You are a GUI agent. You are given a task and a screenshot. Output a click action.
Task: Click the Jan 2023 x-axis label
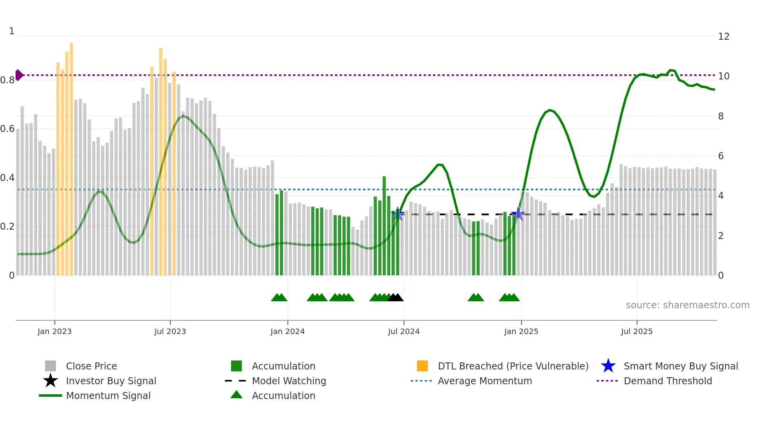tap(54, 331)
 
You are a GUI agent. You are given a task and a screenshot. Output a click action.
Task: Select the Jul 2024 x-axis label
tap(404, 331)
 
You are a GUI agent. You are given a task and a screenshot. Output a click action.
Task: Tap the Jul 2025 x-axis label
tap(636, 331)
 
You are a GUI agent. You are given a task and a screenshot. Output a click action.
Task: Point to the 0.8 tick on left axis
tap(7, 80)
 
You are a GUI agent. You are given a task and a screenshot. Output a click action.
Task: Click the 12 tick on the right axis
tap(724, 37)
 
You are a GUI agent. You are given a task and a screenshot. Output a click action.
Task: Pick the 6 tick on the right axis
tap(721, 156)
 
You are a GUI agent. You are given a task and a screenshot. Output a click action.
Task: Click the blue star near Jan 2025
tap(518, 214)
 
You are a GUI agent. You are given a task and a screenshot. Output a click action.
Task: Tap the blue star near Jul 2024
tap(398, 214)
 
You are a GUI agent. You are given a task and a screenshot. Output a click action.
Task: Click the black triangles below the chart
tap(395, 297)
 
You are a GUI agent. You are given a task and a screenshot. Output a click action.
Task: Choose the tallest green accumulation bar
tap(384, 226)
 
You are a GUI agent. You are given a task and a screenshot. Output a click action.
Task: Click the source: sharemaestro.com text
tap(687, 305)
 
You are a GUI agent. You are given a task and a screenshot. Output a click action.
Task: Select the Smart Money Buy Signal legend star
tap(608, 366)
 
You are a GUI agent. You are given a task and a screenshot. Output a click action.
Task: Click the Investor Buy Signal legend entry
tap(111, 381)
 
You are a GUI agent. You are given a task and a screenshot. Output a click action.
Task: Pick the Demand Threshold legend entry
tap(668, 381)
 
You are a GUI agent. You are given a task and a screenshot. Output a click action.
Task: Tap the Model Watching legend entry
tap(288, 381)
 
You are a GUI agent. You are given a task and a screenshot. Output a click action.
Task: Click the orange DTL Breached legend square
tap(422, 366)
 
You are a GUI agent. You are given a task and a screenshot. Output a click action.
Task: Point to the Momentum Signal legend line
tap(51, 396)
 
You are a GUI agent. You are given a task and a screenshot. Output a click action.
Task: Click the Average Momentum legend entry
tap(484, 381)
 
